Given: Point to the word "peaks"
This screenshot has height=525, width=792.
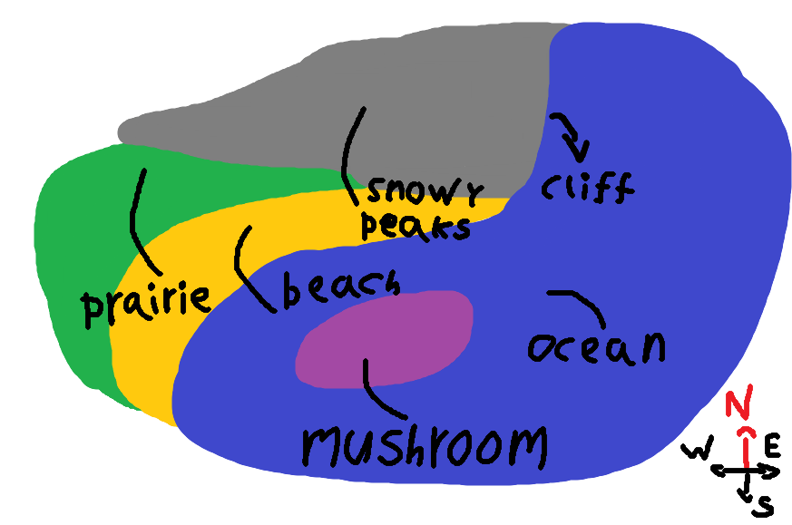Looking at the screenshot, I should click(416, 225).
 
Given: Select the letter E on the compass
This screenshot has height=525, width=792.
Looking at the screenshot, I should click(772, 446).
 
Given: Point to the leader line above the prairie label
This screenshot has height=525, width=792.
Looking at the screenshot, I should click(141, 218).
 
